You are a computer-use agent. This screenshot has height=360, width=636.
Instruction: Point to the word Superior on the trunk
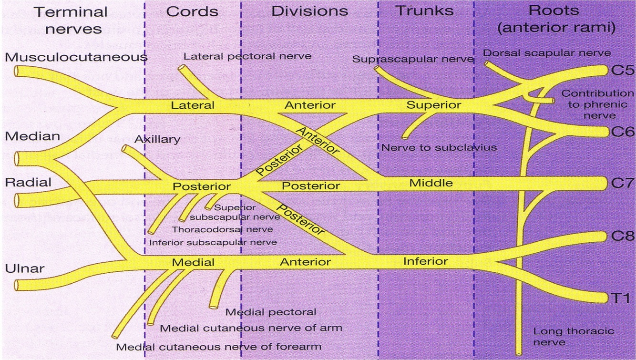[433, 104]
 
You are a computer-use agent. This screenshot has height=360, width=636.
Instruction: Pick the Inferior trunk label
[425, 261]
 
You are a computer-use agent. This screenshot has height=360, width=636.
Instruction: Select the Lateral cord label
[193, 105]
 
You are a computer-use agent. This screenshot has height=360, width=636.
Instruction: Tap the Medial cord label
[193, 262]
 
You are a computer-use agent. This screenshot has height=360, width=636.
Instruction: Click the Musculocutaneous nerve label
[76, 57]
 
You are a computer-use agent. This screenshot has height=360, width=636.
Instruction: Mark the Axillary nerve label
[157, 139]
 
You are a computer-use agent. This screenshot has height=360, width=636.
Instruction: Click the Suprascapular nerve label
[413, 59]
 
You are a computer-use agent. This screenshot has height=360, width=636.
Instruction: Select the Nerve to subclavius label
[439, 147]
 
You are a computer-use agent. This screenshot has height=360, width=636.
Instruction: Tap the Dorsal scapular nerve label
[547, 52]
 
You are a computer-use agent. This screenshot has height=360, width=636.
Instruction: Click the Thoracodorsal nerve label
[223, 229]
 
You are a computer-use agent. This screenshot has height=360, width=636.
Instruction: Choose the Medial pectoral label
[271, 312]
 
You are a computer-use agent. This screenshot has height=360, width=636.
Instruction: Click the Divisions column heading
[309, 11]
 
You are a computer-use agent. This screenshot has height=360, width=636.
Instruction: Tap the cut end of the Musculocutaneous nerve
[16, 72]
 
